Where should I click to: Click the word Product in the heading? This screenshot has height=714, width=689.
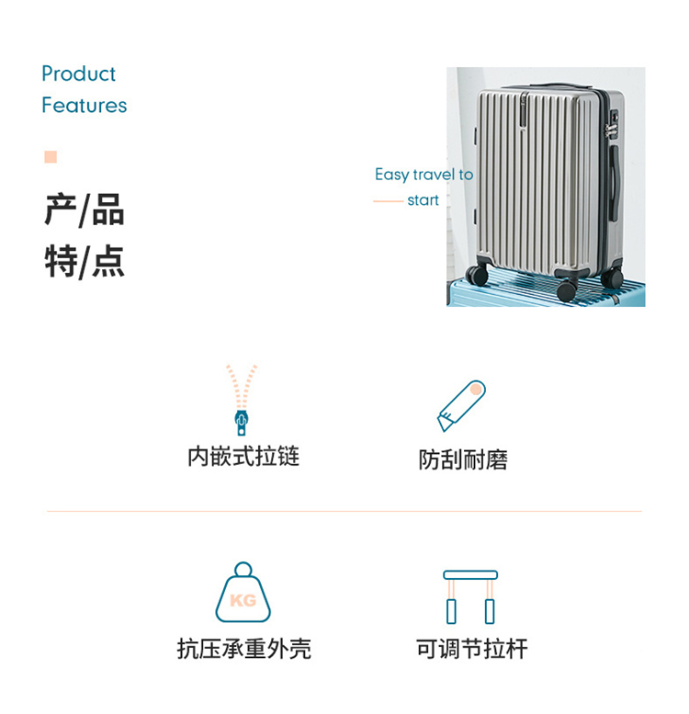(78, 74)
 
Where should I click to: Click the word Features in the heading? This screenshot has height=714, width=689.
(84, 106)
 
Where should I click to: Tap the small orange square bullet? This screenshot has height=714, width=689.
(51, 157)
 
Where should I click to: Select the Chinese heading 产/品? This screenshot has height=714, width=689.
(84, 210)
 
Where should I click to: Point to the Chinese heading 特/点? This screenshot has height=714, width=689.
(84, 262)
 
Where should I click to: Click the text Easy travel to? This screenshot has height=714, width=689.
(424, 175)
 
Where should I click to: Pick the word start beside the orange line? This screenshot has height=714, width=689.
(423, 200)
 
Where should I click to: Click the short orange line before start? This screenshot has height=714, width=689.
(388, 200)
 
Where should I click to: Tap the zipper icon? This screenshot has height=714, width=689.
(242, 399)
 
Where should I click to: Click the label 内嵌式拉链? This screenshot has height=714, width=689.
(243, 457)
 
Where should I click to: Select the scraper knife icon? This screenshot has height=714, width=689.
(461, 405)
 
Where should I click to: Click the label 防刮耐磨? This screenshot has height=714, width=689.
(463, 459)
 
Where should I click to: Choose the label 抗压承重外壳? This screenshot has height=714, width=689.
(243, 650)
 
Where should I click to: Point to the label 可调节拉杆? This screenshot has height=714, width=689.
(471, 650)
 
